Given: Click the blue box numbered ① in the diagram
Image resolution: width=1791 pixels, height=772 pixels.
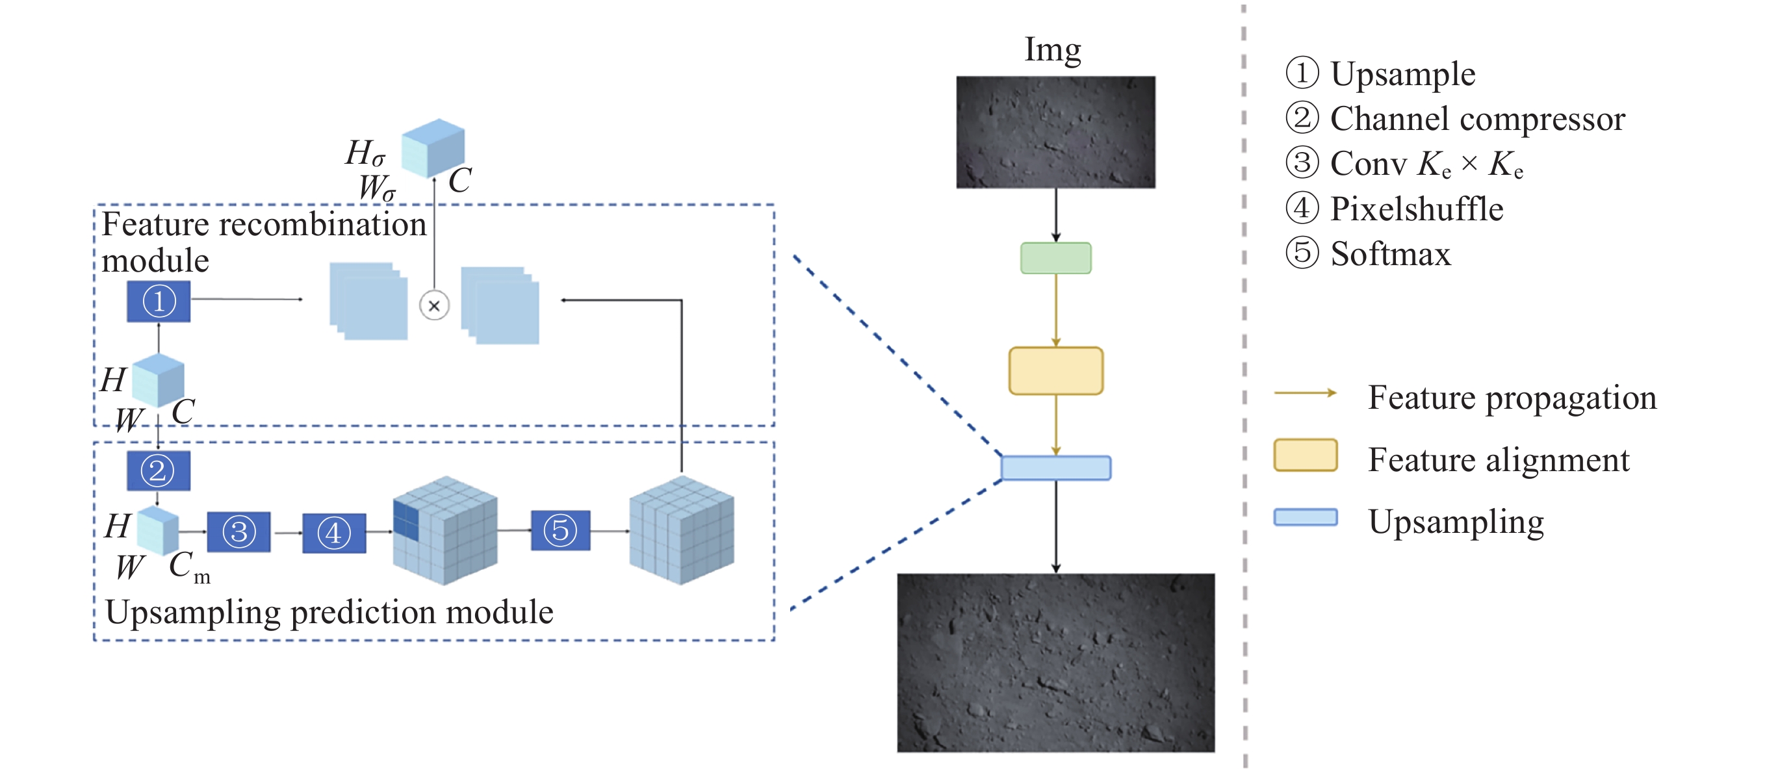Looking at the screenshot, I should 159,301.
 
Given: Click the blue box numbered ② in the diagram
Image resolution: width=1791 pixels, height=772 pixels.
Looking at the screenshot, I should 158,471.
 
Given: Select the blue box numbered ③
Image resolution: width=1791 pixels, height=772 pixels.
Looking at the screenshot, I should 238,532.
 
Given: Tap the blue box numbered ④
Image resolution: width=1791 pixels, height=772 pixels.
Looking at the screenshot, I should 334,534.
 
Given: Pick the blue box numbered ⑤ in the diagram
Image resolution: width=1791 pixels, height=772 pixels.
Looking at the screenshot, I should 560,531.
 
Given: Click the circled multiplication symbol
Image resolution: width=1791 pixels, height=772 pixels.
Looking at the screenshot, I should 435,305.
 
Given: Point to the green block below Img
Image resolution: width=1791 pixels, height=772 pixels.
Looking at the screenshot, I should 1055,258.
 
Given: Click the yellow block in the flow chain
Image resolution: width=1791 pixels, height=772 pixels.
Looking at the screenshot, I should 1055,370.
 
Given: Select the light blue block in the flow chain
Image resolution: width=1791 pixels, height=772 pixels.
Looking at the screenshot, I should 1055,468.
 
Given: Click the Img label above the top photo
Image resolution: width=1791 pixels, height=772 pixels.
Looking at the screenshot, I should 1053,50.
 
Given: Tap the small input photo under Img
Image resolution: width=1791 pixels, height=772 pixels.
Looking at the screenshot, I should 1055,132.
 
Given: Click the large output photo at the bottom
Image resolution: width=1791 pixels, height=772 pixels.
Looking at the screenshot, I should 1055,662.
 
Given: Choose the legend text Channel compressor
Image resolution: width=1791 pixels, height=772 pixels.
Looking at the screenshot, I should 1476,119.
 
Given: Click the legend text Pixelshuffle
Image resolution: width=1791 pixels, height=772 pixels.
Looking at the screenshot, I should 1416,209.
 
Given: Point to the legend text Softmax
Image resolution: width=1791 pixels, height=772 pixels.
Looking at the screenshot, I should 1391,254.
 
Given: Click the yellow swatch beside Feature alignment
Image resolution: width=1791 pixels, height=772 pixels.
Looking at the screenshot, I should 1305,456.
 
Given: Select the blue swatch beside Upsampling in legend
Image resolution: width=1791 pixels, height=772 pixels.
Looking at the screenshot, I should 1305,517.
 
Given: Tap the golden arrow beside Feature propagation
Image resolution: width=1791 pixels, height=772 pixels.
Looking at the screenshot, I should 1305,393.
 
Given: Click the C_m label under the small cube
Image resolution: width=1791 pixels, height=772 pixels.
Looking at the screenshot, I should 188,566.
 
